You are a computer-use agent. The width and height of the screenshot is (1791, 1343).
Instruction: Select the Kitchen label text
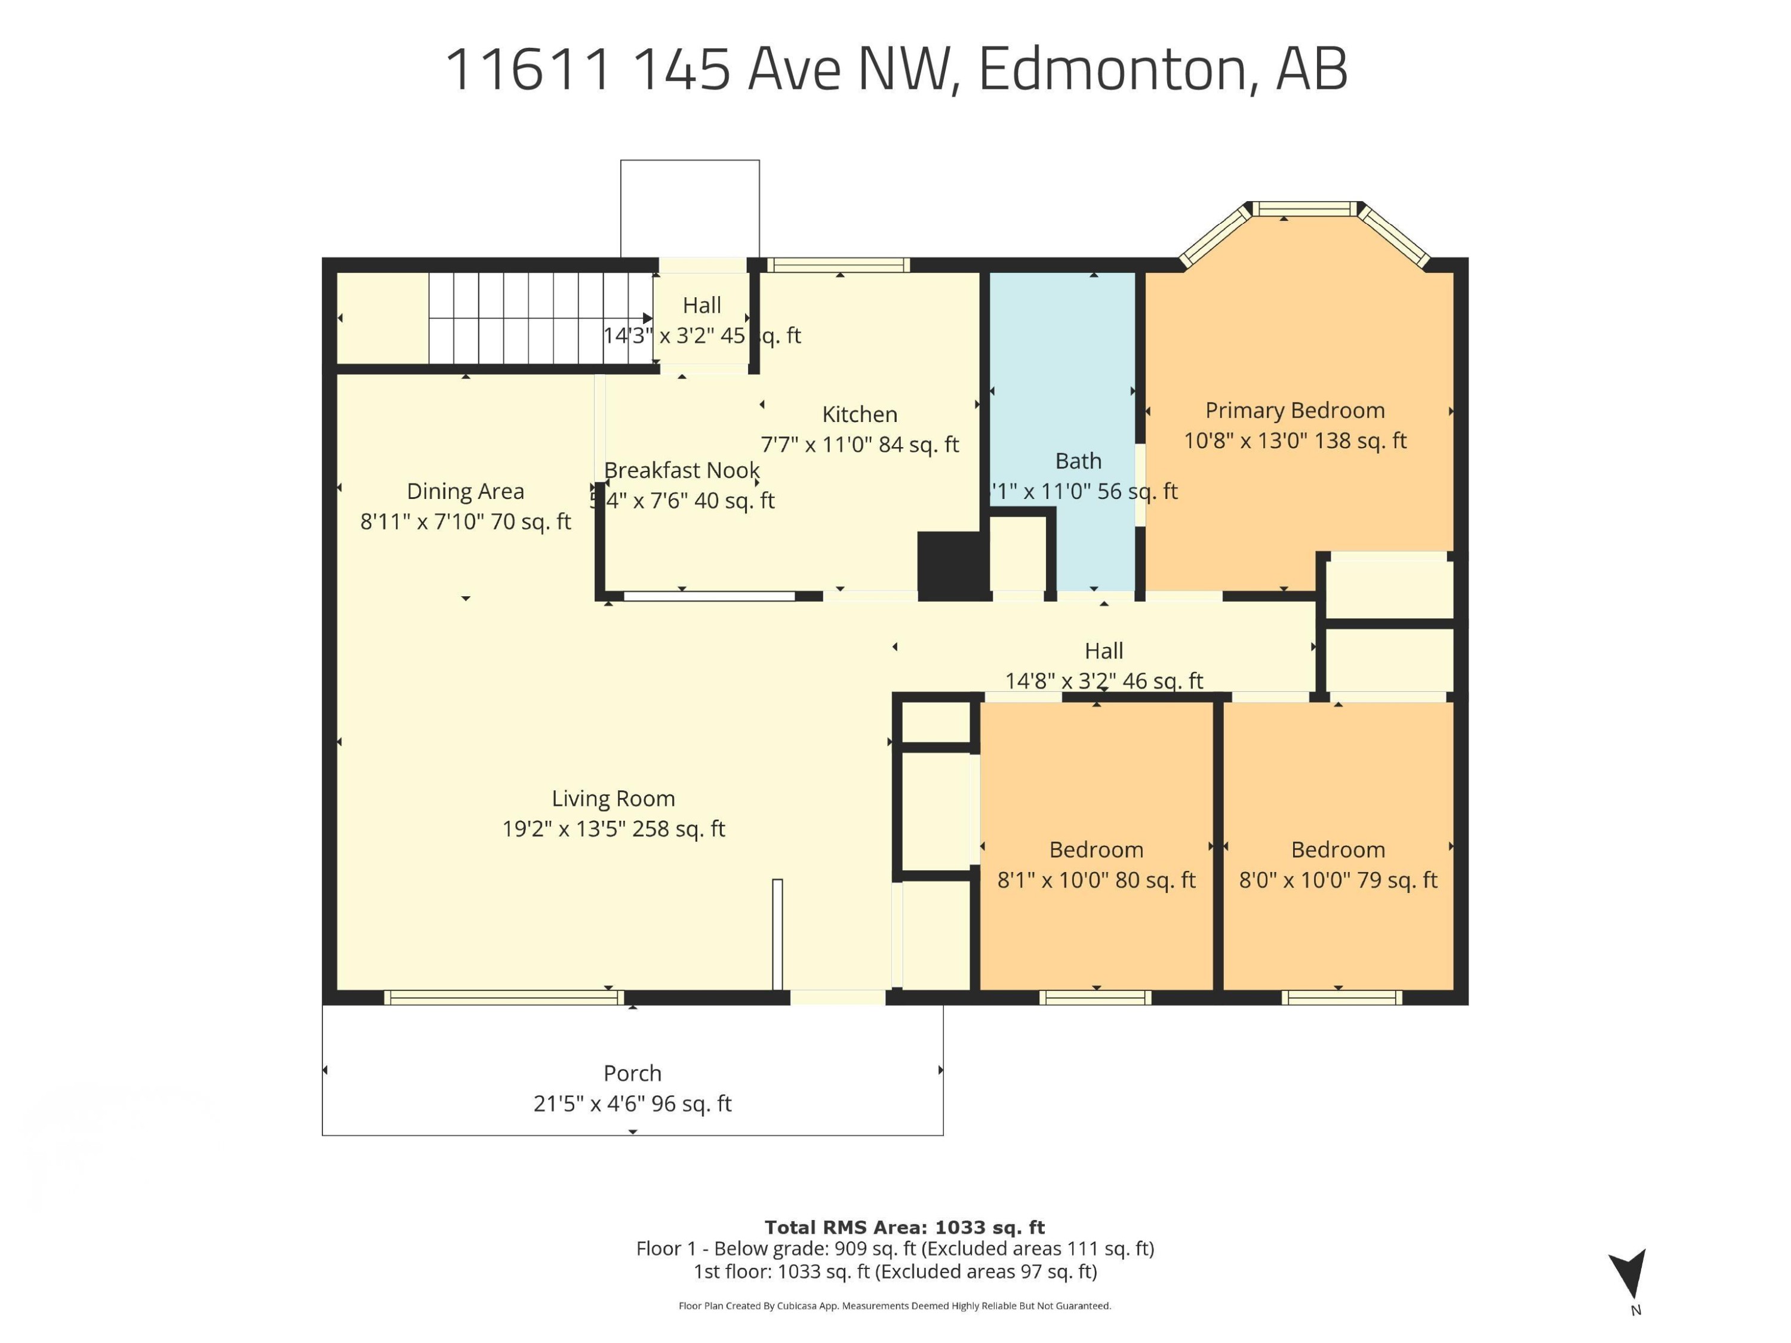click(x=859, y=414)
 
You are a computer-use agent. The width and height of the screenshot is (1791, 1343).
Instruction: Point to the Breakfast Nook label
click(x=682, y=470)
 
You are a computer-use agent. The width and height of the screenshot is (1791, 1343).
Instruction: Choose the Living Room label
click(x=613, y=798)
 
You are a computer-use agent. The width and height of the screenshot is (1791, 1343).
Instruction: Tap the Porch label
click(x=632, y=1073)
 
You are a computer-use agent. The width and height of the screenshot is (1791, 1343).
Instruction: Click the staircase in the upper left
click(x=540, y=318)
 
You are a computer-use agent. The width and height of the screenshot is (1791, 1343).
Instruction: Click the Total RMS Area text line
click(x=904, y=1227)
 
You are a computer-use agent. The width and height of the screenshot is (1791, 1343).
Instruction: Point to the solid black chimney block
click(x=952, y=565)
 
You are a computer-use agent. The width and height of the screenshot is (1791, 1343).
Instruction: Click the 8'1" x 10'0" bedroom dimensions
click(x=1095, y=880)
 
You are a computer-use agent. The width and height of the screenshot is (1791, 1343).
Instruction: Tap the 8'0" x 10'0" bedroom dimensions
click(x=1338, y=880)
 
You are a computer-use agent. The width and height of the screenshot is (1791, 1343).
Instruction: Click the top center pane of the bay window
click(x=1306, y=210)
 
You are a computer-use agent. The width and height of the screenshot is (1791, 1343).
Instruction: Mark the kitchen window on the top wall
click(x=838, y=264)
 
